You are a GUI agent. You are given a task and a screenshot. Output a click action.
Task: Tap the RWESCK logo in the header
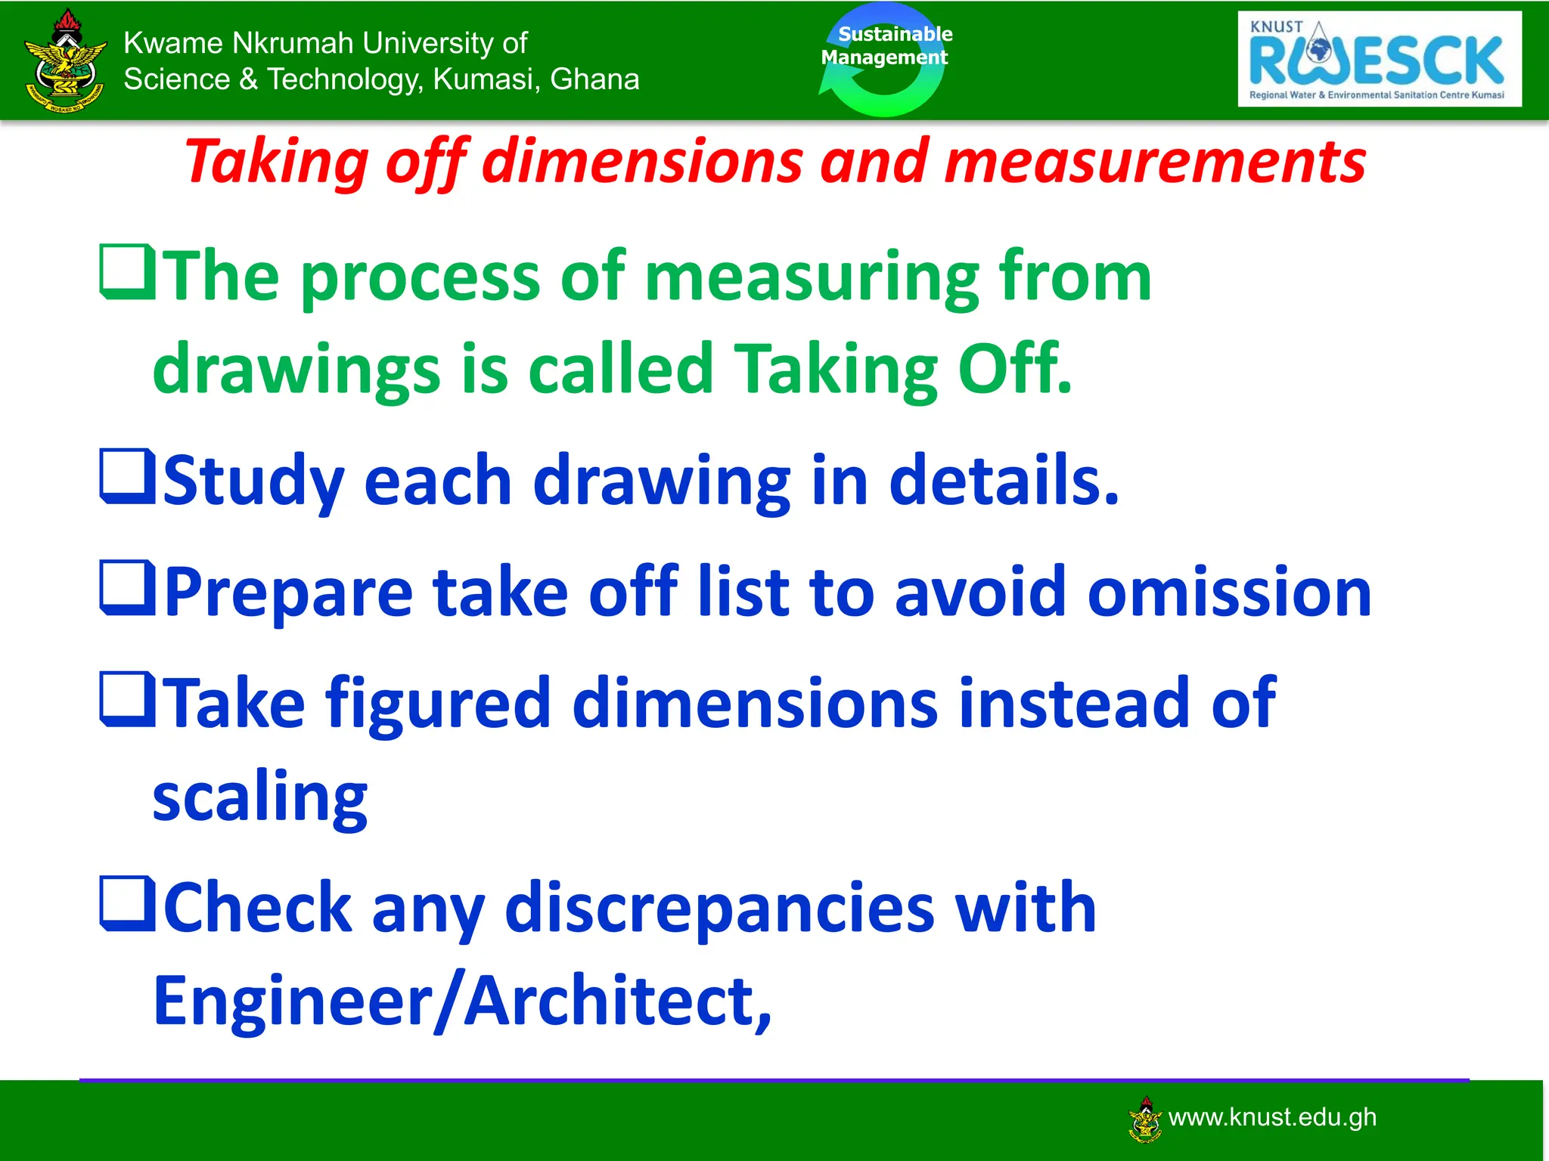click(1379, 59)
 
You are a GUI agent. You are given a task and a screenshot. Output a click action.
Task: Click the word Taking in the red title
click(277, 162)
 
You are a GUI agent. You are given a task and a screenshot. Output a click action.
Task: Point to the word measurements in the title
click(1154, 162)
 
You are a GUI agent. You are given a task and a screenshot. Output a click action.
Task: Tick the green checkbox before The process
click(128, 273)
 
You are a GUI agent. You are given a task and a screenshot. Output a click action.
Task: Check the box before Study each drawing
click(128, 477)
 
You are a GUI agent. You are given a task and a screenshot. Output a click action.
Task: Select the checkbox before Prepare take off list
click(128, 589)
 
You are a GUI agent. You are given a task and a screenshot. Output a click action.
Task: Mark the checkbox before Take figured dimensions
click(128, 701)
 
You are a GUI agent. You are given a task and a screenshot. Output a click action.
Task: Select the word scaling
click(259, 798)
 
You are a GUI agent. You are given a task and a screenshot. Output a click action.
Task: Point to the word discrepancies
click(719, 909)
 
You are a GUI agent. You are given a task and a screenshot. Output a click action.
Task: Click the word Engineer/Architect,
click(462, 1001)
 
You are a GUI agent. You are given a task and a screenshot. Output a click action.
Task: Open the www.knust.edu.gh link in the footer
click(1271, 1117)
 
